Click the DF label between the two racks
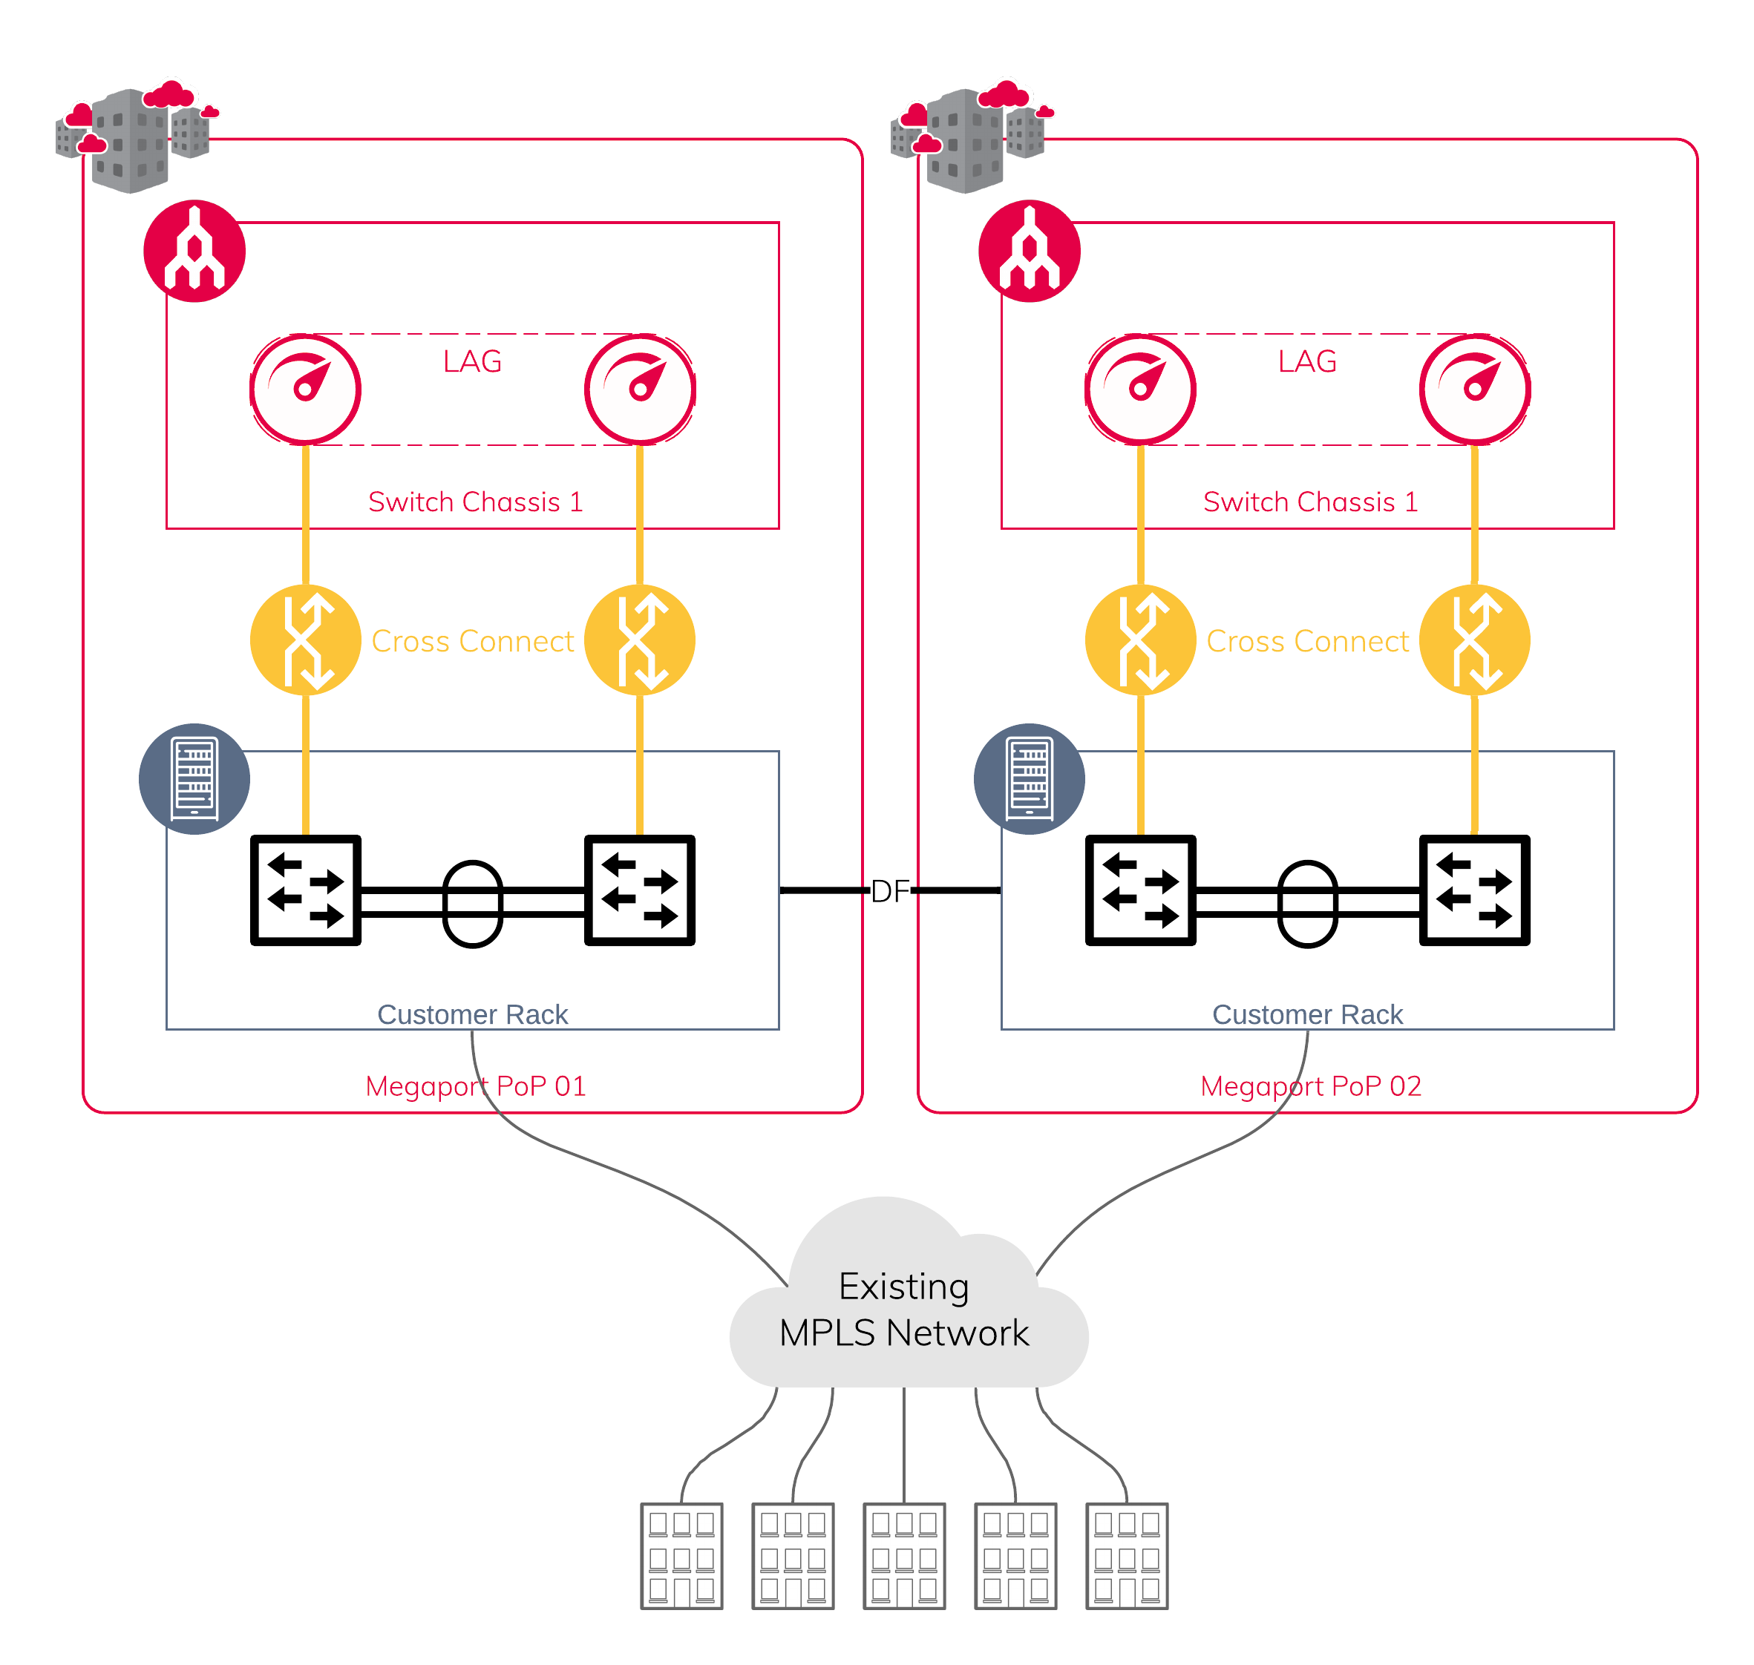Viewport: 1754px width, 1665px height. (889, 891)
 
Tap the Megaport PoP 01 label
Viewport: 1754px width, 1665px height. (476, 1086)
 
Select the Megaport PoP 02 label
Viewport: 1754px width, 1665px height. (1310, 1086)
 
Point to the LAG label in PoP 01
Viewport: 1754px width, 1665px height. (472, 362)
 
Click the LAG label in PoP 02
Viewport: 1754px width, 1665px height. (1306, 362)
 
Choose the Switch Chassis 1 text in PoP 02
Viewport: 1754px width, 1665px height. (1310, 502)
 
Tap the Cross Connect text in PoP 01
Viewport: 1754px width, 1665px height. (472, 642)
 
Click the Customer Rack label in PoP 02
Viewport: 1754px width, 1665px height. (1306, 1014)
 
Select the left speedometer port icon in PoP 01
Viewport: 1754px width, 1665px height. (305, 390)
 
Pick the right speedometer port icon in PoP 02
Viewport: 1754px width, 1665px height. (1474, 390)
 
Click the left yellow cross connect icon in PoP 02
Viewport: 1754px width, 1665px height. (1141, 640)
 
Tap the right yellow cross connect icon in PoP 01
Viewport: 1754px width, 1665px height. (639, 640)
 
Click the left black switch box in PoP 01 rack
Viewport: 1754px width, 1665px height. (305, 890)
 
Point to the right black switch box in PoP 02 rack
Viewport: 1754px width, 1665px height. (1474, 890)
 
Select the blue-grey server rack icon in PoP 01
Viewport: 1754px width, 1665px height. (194, 778)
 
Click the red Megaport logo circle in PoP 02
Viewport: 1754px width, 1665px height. (1030, 252)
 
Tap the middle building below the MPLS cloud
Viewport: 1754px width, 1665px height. (903, 1556)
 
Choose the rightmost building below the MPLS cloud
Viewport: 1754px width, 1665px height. (1127, 1556)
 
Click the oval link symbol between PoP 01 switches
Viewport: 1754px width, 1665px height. (472, 904)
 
